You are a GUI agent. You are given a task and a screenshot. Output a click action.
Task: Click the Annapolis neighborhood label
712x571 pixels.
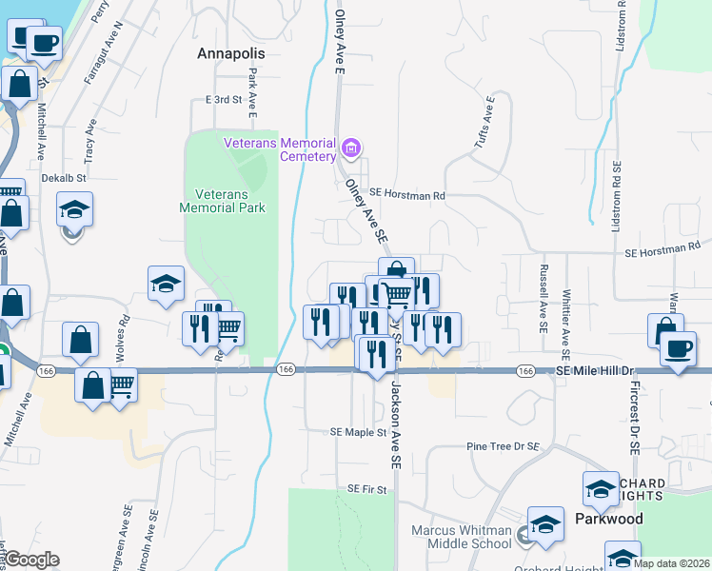[230, 53]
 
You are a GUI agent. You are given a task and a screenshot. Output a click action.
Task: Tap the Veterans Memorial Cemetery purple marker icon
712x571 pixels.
[351, 148]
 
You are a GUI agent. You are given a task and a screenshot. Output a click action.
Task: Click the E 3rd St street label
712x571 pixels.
[225, 99]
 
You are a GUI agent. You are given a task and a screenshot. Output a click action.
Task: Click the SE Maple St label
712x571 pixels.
[358, 432]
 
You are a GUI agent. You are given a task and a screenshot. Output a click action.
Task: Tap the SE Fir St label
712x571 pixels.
[367, 489]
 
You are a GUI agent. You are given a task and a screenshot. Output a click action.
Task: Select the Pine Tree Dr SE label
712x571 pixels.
[504, 445]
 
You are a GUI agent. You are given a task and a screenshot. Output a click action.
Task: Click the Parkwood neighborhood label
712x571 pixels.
[609, 519]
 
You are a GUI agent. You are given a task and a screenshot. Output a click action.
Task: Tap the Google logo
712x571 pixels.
[31, 560]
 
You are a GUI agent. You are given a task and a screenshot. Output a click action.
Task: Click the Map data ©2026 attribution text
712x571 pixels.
[672, 562]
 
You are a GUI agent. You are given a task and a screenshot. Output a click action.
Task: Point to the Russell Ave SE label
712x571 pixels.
[544, 298]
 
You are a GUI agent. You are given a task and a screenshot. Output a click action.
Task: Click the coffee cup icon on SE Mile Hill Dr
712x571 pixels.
[680, 347]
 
